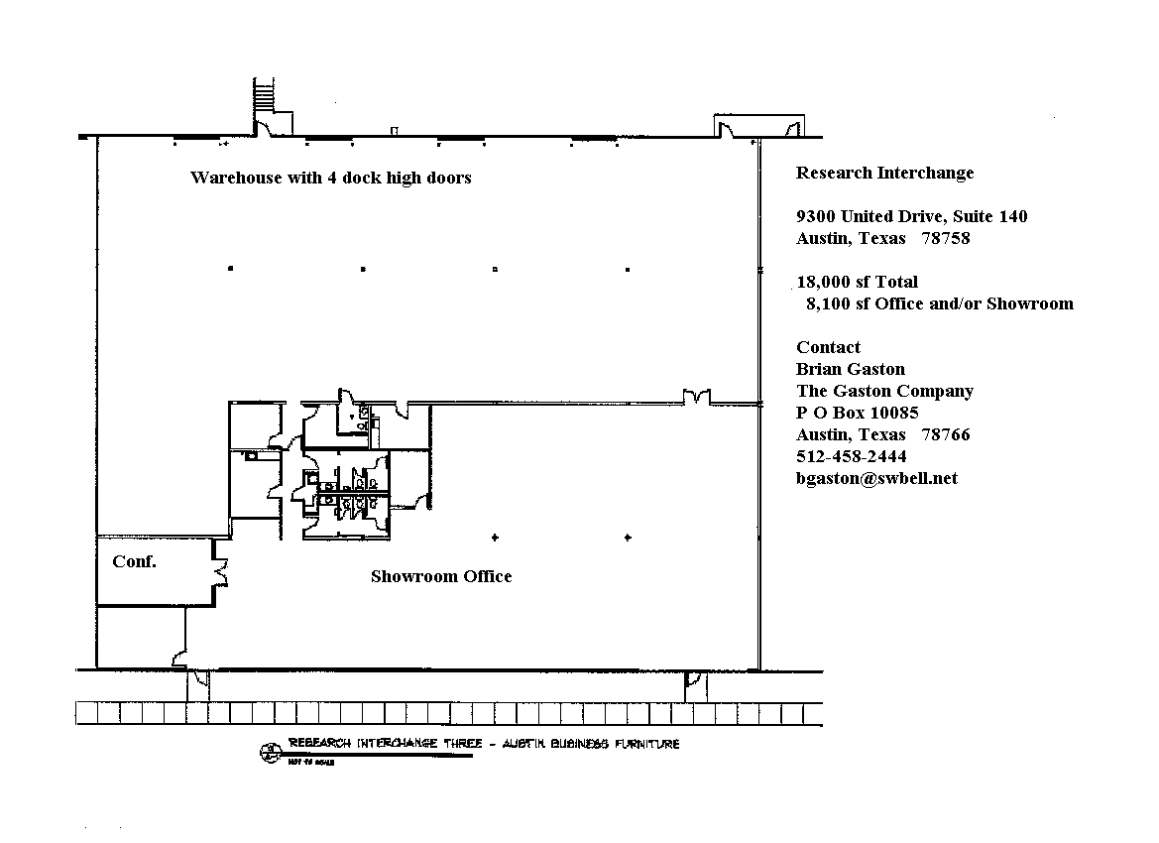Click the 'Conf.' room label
click(x=134, y=561)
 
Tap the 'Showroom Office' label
click(x=441, y=576)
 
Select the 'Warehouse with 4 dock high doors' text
click(x=330, y=178)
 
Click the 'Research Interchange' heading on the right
click(x=884, y=173)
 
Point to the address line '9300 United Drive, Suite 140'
click(x=911, y=216)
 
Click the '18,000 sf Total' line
click(x=857, y=282)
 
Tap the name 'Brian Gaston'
click(x=850, y=369)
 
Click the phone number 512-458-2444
click(x=851, y=456)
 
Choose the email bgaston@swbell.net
click(x=876, y=478)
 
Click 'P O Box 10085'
click(x=857, y=413)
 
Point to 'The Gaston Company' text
click(x=884, y=391)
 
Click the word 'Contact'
click(x=828, y=347)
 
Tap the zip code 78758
click(x=945, y=238)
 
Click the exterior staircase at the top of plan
click(x=263, y=96)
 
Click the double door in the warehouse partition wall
click(x=696, y=397)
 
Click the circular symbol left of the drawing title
click(x=267, y=752)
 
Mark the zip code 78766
click(x=945, y=434)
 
